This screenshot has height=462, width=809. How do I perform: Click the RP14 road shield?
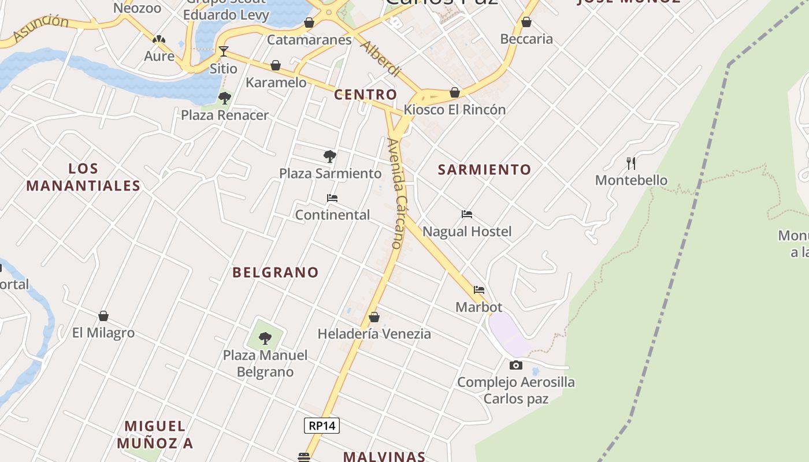pyautogui.click(x=322, y=426)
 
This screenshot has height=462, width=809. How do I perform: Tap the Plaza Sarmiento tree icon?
pyautogui.click(x=330, y=156)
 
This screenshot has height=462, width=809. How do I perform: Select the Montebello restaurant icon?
pyautogui.click(x=631, y=163)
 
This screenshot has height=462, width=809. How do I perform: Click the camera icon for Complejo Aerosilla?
pyautogui.click(x=516, y=365)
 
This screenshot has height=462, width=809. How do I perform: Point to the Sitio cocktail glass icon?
pyautogui.click(x=224, y=51)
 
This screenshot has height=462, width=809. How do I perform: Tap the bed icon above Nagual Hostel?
pyautogui.click(x=467, y=214)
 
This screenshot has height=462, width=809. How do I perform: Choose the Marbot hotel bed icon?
pyautogui.click(x=479, y=290)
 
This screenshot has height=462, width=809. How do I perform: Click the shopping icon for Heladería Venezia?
pyautogui.click(x=374, y=317)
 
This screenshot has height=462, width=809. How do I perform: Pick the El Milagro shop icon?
pyautogui.click(x=103, y=316)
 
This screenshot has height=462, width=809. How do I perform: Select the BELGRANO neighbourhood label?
pyautogui.click(x=276, y=273)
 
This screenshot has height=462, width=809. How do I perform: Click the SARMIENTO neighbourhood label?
pyautogui.click(x=484, y=170)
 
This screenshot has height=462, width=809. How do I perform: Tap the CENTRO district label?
pyautogui.click(x=366, y=95)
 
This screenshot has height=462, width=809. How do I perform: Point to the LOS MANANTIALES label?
pyautogui.click(x=83, y=177)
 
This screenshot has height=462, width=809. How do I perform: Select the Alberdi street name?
pyautogui.click(x=380, y=58)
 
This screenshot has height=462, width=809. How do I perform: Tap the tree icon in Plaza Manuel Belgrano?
pyautogui.click(x=265, y=338)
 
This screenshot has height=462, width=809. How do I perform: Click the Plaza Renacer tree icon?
pyautogui.click(x=225, y=98)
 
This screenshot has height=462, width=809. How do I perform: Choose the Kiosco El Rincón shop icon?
pyautogui.click(x=455, y=92)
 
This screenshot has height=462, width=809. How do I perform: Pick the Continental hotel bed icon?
pyautogui.click(x=332, y=198)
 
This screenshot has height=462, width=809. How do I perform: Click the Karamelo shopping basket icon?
pyautogui.click(x=276, y=65)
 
